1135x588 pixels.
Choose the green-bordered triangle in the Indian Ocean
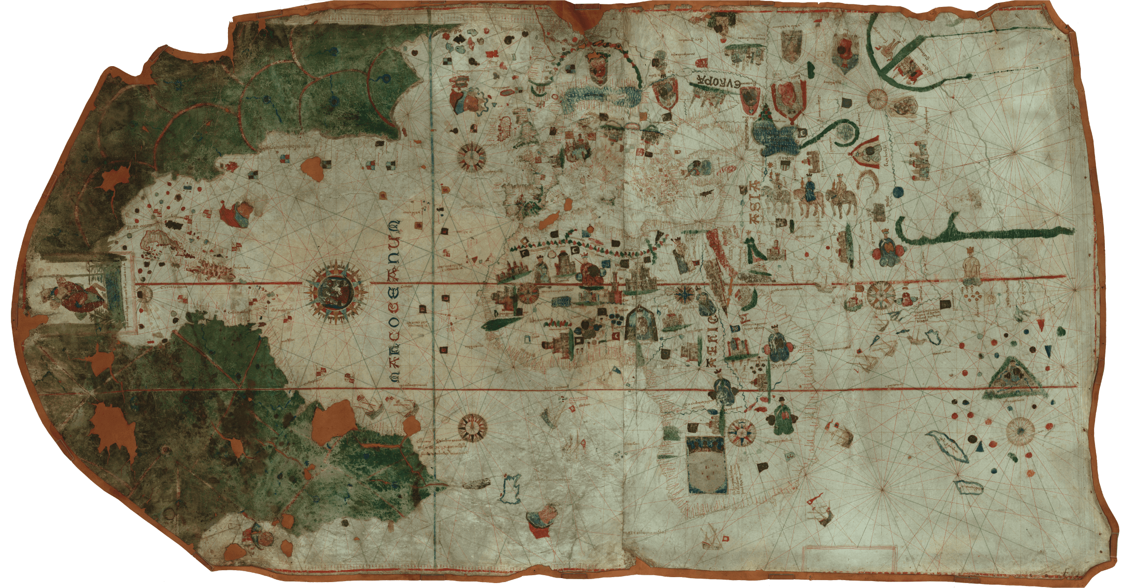(1012, 378)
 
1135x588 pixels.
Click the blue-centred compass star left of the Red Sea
(684, 293)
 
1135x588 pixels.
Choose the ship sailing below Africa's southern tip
(711, 538)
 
